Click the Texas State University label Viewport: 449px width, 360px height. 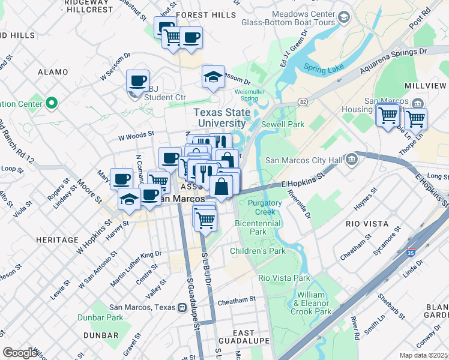click(x=223, y=118)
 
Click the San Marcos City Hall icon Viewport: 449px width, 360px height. click(x=352, y=159)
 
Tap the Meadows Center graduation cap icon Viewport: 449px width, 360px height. click(x=343, y=17)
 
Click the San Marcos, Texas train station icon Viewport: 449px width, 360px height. click(x=181, y=307)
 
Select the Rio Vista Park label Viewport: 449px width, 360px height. click(x=284, y=278)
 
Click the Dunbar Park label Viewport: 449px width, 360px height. click(x=103, y=317)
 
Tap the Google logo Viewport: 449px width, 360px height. click(x=20, y=353)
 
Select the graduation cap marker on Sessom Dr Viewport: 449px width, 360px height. click(x=213, y=77)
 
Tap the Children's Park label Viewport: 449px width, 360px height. click(x=258, y=251)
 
